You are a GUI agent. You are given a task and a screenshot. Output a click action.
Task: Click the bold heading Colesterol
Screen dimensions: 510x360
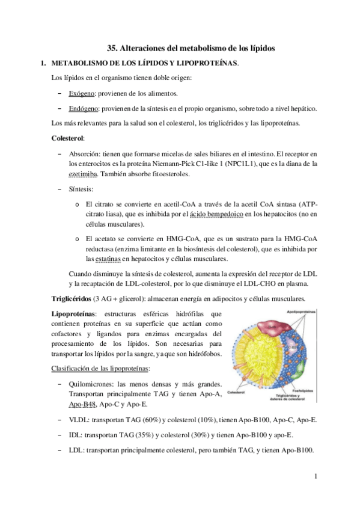(x=68, y=138)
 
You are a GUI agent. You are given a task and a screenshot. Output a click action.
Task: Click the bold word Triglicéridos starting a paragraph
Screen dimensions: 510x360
(x=72, y=299)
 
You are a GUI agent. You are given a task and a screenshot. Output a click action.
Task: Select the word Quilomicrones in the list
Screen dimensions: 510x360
(x=93, y=384)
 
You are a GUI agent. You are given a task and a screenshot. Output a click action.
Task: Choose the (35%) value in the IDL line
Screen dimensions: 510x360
(x=131, y=435)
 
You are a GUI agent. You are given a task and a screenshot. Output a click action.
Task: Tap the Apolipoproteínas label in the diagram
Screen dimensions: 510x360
(x=322, y=313)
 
